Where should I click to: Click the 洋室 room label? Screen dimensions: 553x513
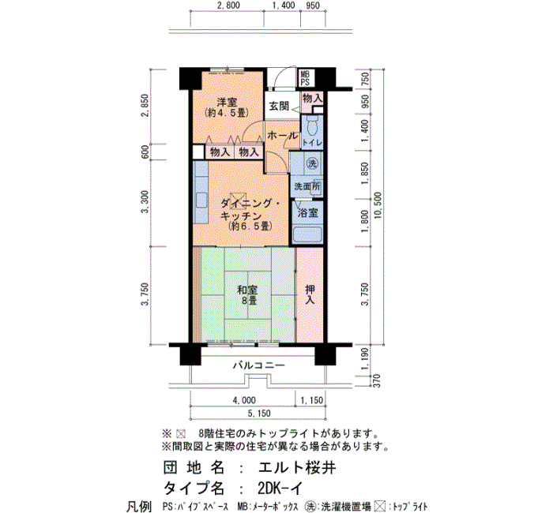click(228, 102)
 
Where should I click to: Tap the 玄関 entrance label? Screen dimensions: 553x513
click(280, 106)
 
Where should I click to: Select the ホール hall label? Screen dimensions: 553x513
click(283, 135)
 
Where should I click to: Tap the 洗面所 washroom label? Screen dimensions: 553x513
click(307, 186)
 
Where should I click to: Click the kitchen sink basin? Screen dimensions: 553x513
click(201, 200)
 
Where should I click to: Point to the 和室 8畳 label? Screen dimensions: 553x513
click(247, 295)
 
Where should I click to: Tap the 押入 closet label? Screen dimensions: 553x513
click(310, 294)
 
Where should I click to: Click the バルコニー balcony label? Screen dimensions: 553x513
click(258, 365)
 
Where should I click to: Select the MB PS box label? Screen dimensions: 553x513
click(305, 78)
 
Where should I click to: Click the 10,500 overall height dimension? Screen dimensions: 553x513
click(378, 205)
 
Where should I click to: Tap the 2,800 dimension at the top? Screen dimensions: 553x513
click(228, 6)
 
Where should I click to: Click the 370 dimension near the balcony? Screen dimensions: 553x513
click(377, 381)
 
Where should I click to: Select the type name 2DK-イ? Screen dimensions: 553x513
click(280, 489)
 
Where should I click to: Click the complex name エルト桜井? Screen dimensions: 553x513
click(297, 468)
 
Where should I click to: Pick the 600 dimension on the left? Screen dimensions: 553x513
click(145, 152)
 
